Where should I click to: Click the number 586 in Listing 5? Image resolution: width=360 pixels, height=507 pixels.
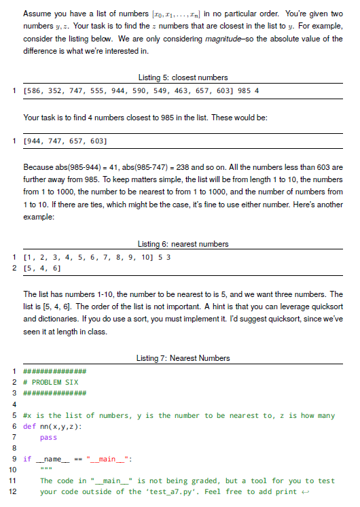click(35, 90)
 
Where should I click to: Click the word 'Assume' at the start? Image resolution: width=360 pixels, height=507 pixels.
click(37, 14)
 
